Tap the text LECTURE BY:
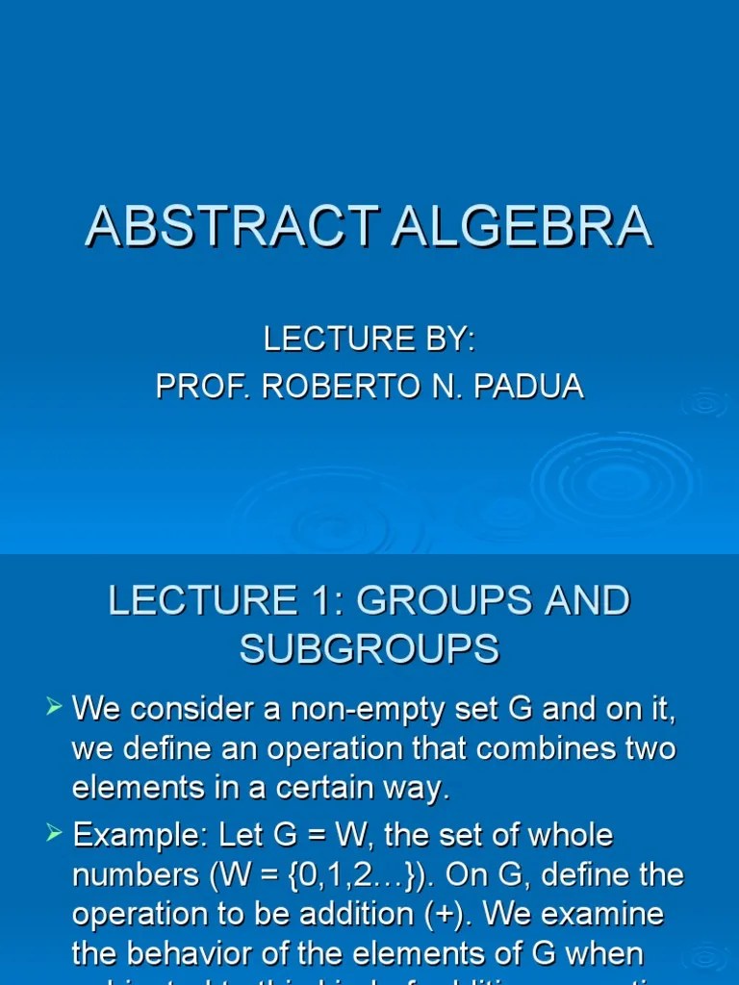click(x=369, y=339)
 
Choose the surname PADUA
click(x=534, y=386)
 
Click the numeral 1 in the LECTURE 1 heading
click(x=327, y=600)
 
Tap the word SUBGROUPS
click(x=369, y=649)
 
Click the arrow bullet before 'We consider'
click(x=54, y=709)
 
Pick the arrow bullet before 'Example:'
click(x=54, y=834)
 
